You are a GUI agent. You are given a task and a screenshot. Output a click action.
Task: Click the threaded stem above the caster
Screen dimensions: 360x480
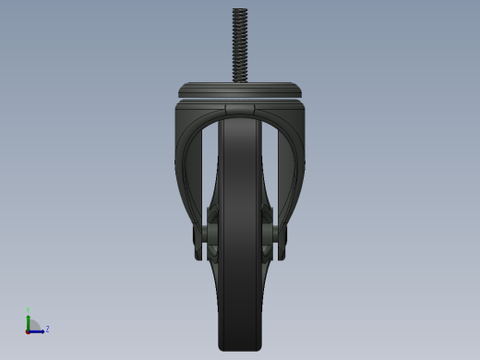[x=240, y=46]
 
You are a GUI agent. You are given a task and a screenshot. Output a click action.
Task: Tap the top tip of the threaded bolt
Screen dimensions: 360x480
[x=240, y=10]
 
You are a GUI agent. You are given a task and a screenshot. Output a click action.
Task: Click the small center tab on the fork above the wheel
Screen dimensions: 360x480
[x=240, y=108]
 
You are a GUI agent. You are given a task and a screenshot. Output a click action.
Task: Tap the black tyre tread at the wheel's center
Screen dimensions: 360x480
[x=240, y=231]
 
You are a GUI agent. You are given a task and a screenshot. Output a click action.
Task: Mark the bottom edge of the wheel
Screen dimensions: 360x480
[x=240, y=349]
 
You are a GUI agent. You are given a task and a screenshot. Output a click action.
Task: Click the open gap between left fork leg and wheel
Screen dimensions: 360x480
[x=208, y=166]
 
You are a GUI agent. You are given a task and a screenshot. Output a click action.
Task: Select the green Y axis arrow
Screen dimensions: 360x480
[x=29, y=318]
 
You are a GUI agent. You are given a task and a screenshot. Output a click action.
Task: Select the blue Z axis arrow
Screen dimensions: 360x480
[x=38, y=330]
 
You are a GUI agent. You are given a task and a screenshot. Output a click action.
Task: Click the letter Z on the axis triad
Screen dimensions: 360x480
[x=47, y=329]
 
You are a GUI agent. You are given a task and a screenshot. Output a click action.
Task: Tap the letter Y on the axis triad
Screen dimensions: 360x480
[x=29, y=310]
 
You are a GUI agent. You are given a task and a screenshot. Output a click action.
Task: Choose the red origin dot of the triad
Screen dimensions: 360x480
[x=29, y=330]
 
